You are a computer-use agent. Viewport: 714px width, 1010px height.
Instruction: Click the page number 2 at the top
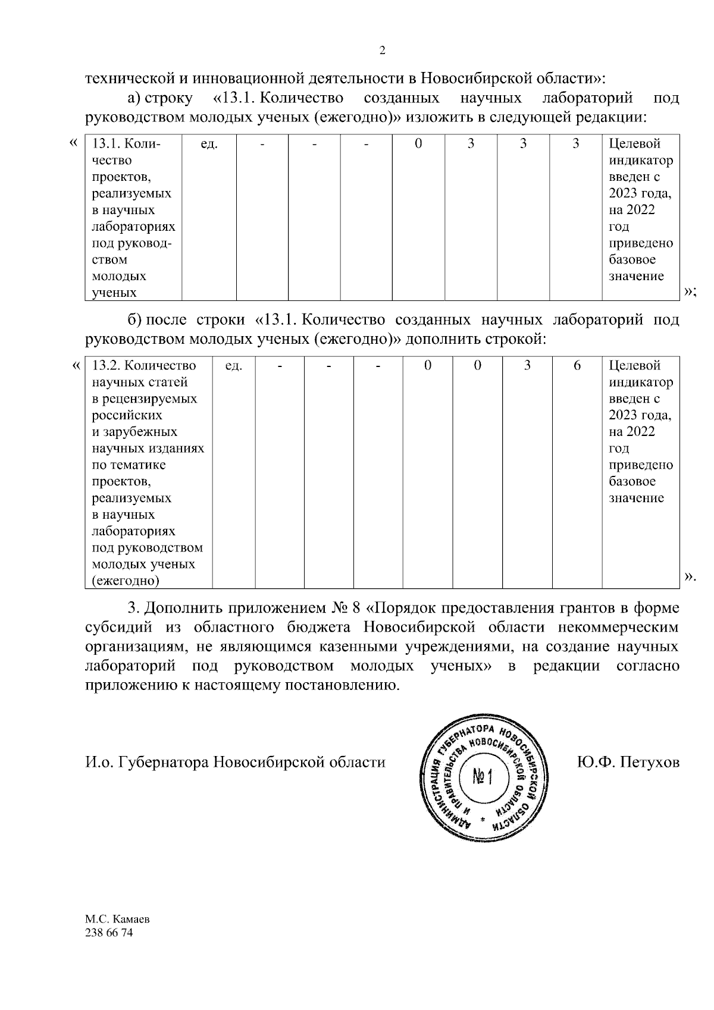point(382,51)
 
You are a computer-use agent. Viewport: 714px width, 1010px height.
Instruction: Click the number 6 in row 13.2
point(577,365)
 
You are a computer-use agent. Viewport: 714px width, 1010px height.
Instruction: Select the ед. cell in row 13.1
point(209,144)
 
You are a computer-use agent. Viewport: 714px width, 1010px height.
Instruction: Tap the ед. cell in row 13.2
point(233,366)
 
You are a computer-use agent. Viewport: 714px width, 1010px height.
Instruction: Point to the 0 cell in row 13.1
point(418,144)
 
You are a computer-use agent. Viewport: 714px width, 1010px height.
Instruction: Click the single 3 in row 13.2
point(527,365)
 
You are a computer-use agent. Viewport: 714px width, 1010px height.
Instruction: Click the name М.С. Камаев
point(117,919)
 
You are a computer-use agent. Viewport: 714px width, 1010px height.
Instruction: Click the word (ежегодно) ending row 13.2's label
point(126,581)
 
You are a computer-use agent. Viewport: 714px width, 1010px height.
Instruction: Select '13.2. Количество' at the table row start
point(144,365)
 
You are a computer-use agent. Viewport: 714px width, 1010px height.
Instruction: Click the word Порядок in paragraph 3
point(406,608)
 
